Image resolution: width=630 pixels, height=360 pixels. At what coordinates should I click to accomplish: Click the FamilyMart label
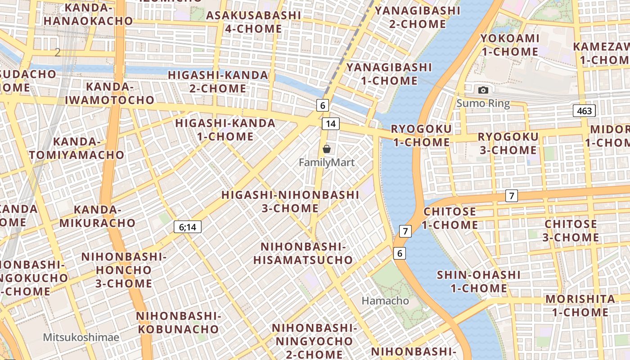pos(327,162)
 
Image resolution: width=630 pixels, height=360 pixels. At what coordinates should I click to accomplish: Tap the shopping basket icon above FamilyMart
pos(327,148)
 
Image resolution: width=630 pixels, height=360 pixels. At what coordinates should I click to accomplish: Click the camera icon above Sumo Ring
pos(483,90)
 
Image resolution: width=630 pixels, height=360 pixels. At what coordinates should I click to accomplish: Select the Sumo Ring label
pos(483,103)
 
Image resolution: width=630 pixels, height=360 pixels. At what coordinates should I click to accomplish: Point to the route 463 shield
pos(585,111)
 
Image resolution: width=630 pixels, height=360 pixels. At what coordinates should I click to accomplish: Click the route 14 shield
pos(331,124)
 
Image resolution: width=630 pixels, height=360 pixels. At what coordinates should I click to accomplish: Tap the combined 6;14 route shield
pos(188,227)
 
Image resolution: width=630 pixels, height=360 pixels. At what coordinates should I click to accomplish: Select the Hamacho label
pos(386,301)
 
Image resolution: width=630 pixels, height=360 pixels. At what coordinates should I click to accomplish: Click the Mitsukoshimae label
pos(81,337)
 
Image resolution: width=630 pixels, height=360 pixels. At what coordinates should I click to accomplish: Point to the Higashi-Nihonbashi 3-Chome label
pos(290,202)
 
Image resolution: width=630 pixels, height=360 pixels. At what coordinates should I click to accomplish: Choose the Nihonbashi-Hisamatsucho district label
pos(303,253)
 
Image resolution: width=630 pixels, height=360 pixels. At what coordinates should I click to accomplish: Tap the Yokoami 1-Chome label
pos(510,45)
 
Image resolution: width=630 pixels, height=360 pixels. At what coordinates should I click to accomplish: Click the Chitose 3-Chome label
pos(571,230)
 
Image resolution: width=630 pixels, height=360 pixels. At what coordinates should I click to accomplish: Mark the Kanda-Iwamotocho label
pos(110,93)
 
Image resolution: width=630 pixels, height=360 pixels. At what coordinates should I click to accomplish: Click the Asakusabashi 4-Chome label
pos(253,22)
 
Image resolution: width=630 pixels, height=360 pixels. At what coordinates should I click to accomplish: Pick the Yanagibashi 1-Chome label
pos(389,74)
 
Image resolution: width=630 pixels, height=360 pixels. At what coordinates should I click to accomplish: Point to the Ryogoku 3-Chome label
pos(508,143)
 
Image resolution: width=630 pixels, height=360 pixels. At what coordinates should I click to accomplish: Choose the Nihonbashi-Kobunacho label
pos(178,322)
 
